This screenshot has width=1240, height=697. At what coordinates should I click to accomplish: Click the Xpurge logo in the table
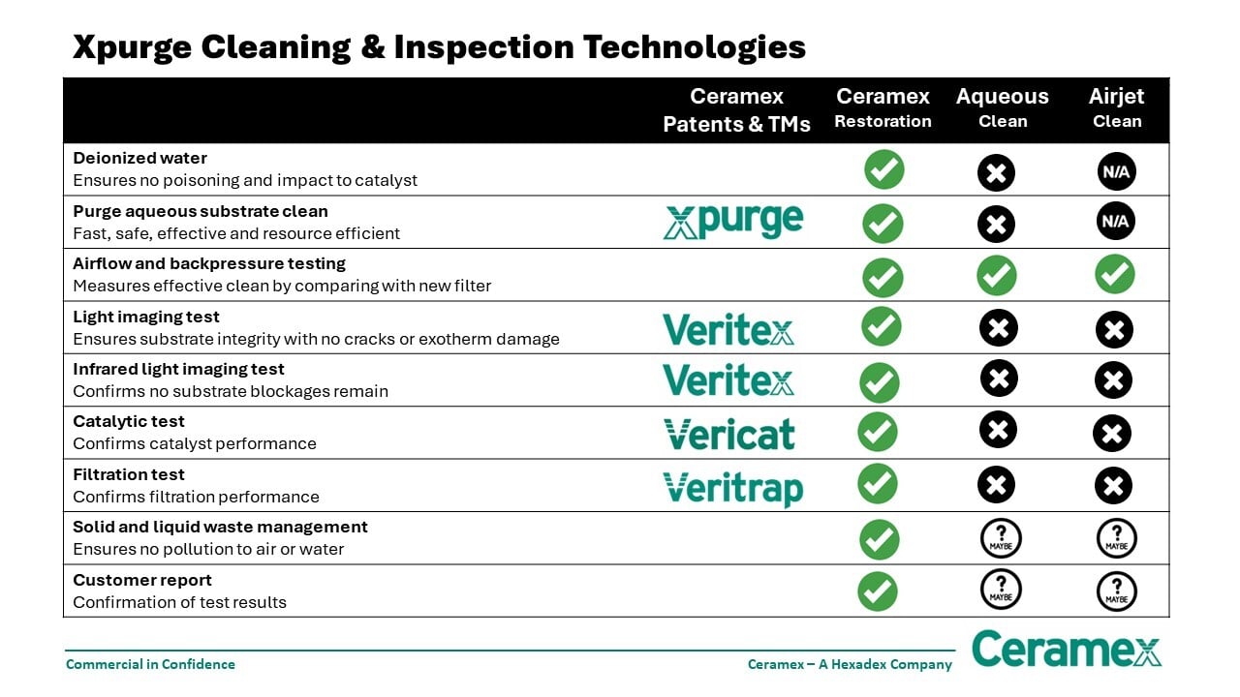tap(732, 222)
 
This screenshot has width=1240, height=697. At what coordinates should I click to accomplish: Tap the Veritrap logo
tap(732, 487)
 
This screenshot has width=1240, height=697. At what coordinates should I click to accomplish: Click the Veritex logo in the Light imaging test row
tap(728, 328)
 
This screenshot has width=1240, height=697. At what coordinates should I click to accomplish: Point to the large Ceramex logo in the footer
tap(1066, 649)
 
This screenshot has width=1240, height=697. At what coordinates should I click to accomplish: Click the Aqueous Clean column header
tap(1002, 107)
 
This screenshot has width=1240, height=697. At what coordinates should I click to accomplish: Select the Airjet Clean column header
tap(1116, 107)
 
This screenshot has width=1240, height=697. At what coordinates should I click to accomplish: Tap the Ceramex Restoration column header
tap(883, 107)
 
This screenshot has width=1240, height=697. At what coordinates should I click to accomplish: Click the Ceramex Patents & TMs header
tap(736, 109)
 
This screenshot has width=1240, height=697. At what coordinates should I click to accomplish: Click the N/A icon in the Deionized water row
tap(1116, 171)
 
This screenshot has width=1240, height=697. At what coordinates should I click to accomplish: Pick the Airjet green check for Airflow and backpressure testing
tap(1115, 274)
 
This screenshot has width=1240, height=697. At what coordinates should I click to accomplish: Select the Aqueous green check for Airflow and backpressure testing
tap(997, 276)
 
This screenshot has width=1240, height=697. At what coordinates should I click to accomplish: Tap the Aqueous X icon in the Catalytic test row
tap(998, 430)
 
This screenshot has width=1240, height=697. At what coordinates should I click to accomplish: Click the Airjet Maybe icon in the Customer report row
tap(1116, 591)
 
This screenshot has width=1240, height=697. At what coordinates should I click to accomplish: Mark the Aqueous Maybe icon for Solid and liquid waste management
tap(1001, 538)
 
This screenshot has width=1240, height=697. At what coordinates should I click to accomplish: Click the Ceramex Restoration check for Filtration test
tap(878, 483)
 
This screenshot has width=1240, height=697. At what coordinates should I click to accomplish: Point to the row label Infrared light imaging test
tap(178, 369)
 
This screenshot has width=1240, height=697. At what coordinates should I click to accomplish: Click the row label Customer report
tap(142, 580)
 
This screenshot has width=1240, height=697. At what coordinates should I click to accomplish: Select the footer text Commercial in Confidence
tap(150, 664)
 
